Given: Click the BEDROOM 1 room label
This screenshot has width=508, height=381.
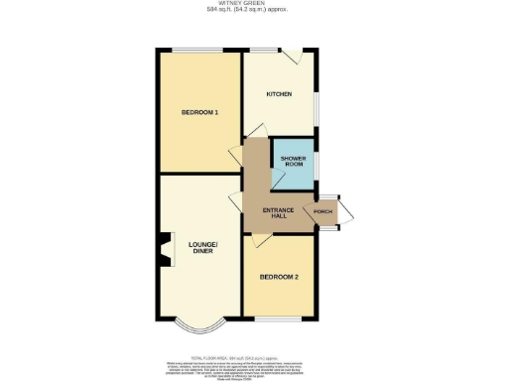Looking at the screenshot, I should point(198,113).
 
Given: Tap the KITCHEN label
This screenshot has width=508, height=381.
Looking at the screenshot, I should point(278,93).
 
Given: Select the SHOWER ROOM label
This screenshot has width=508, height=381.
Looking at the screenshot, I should point(292,163).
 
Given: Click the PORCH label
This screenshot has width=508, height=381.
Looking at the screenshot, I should point(322,211).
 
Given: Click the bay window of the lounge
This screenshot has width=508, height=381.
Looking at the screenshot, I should point(198,328).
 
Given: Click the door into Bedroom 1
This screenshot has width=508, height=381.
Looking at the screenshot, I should point(236,155).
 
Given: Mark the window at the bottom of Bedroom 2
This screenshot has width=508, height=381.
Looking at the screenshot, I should point(279,320).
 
